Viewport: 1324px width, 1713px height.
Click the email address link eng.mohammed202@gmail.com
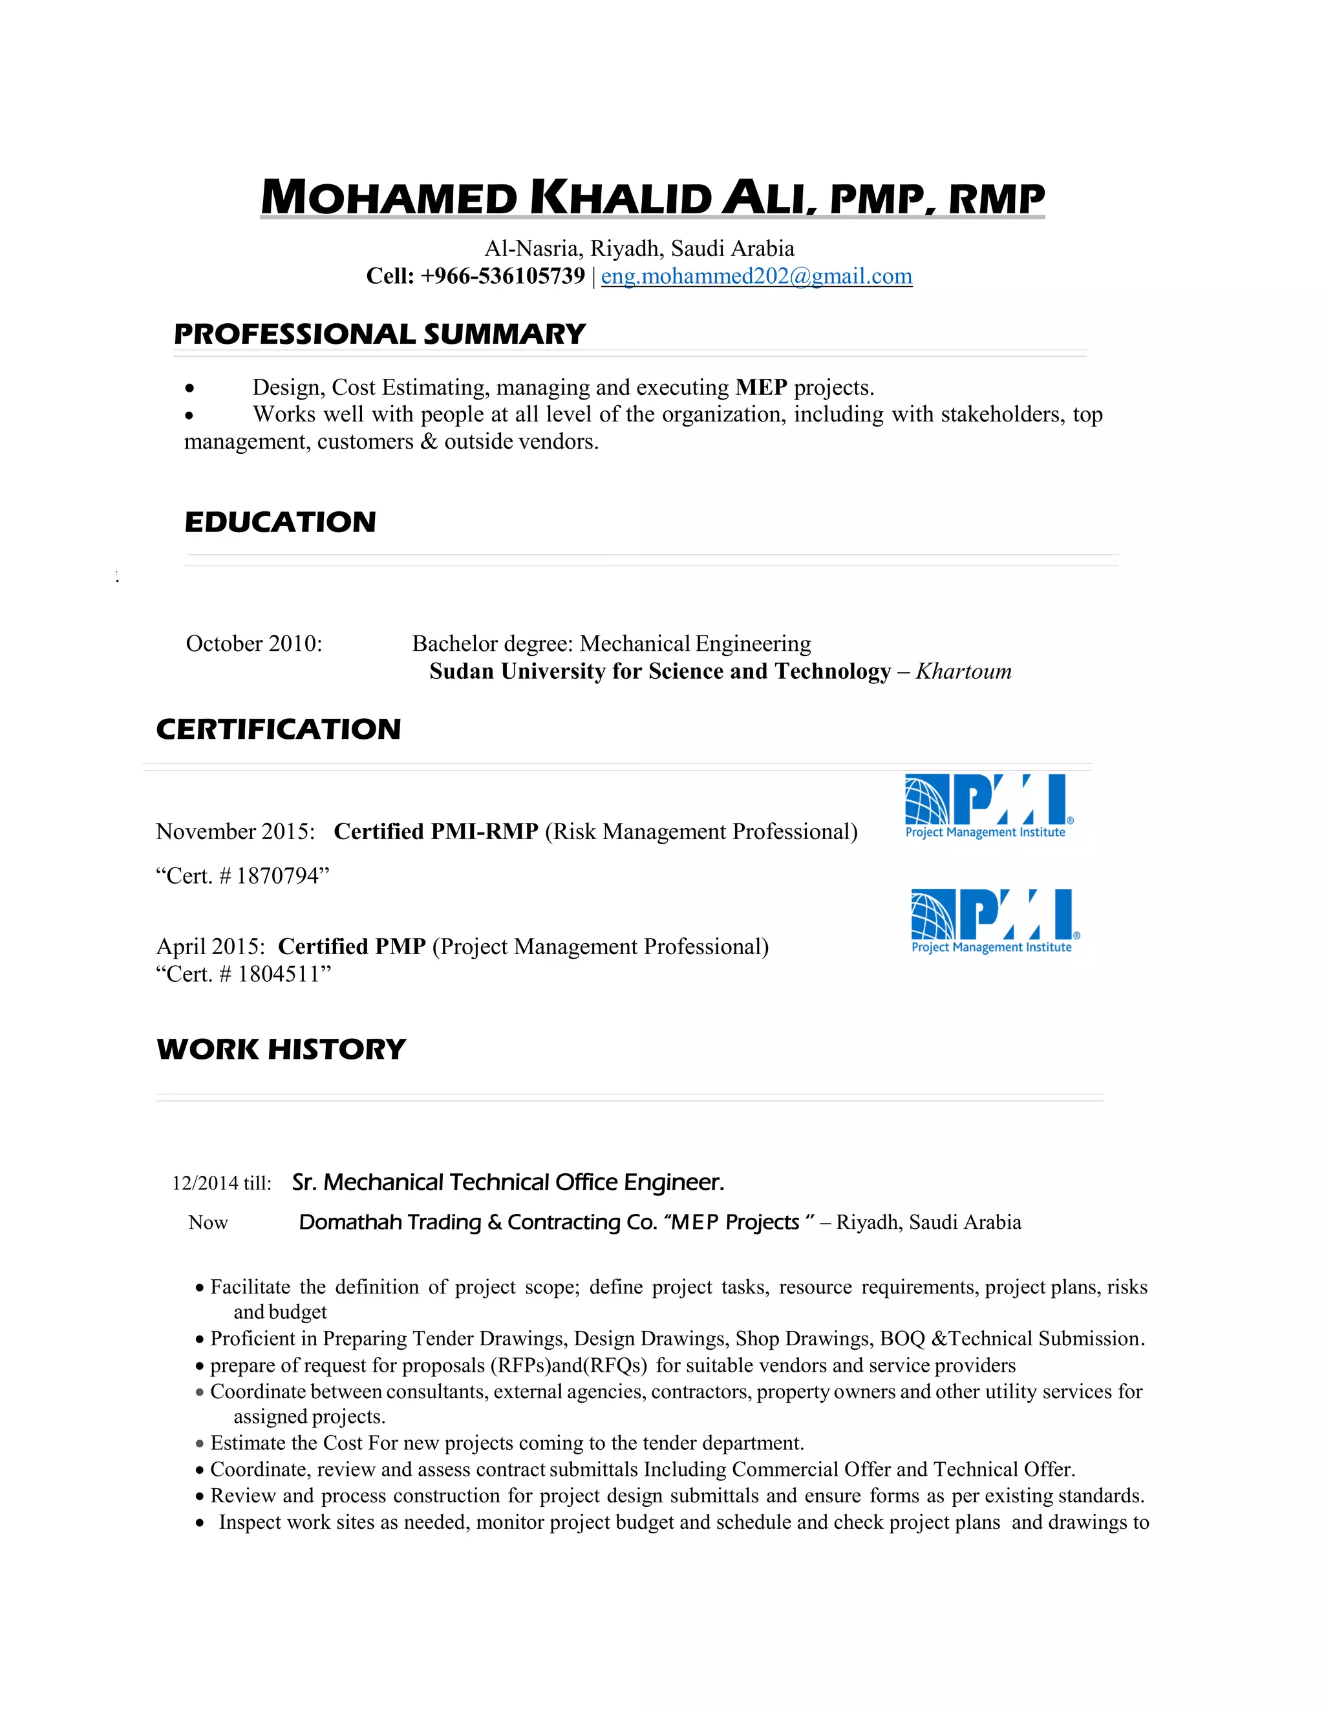tap(756, 276)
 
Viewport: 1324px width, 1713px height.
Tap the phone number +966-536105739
tap(503, 276)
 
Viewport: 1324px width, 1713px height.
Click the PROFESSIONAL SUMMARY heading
tap(379, 334)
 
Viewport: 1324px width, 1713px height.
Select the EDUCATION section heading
tap(280, 522)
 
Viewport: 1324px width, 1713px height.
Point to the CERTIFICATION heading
tap(279, 729)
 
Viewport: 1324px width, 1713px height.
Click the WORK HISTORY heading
tap(281, 1049)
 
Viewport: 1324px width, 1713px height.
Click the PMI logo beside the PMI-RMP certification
tap(988, 806)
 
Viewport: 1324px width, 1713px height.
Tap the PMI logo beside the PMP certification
tap(994, 920)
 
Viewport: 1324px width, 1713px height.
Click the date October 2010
tap(253, 644)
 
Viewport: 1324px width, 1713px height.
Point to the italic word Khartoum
tap(963, 672)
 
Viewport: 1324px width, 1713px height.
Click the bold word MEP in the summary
tap(761, 387)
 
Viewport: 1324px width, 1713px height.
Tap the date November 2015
tap(235, 831)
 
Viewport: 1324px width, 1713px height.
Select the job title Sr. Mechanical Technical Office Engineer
tap(508, 1182)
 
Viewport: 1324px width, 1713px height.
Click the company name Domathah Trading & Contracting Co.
tap(478, 1222)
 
